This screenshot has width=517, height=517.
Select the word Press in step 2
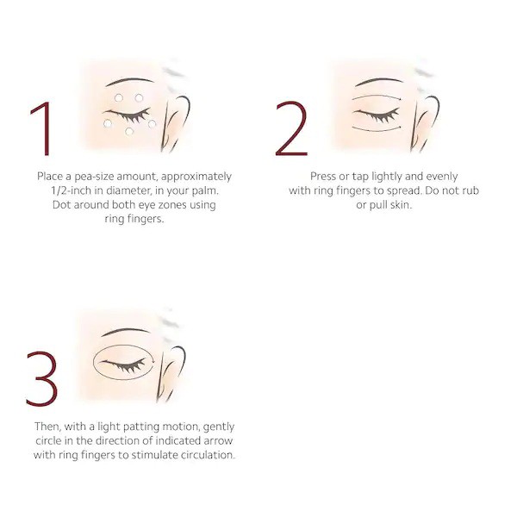coord(324,177)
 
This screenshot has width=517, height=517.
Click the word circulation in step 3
coord(203,454)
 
